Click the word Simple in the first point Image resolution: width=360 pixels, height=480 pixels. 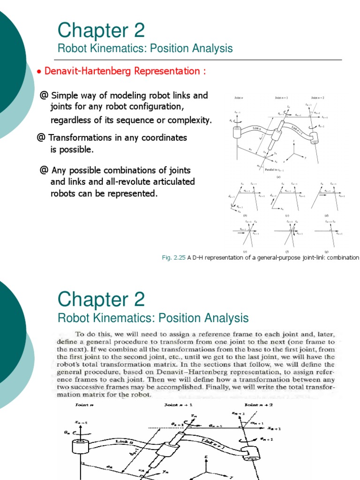coord(65,96)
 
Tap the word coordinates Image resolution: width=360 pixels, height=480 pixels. coord(157,138)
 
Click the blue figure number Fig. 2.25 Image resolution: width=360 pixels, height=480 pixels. coord(172,257)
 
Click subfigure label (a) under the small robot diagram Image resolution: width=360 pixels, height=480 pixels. coord(278,177)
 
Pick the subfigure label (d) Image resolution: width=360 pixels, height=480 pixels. coord(327,215)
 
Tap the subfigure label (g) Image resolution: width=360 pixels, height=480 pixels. coord(327,252)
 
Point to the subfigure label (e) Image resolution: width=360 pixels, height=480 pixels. coord(245,252)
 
